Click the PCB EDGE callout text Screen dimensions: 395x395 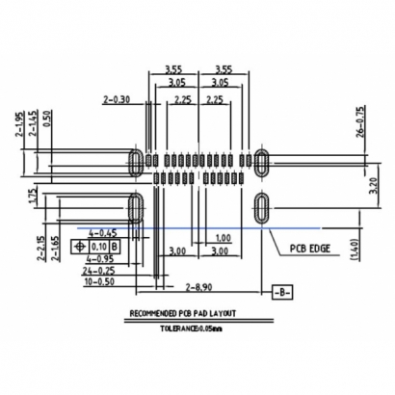pyautogui.click(x=311, y=248)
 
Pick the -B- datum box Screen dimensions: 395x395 pyautogui.click(x=280, y=290)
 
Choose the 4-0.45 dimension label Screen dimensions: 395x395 pyautogui.click(x=102, y=233)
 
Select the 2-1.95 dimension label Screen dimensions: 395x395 pyautogui.click(x=19, y=127)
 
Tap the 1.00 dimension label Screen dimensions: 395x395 pyautogui.click(x=223, y=238)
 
